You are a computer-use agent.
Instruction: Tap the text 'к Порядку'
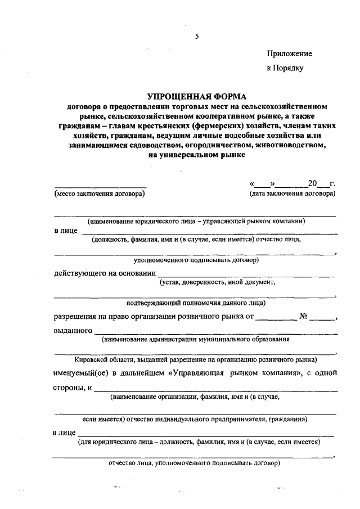click(x=285, y=68)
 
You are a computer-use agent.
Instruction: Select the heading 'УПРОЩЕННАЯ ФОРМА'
click(x=196, y=97)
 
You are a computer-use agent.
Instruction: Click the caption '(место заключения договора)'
click(x=99, y=194)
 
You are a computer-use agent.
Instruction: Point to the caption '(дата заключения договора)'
click(x=292, y=194)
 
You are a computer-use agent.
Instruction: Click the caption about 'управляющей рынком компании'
click(x=196, y=222)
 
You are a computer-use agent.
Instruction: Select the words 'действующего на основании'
click(x=105, y=273)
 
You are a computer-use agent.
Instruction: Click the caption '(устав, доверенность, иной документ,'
click(x=217, y=282)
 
